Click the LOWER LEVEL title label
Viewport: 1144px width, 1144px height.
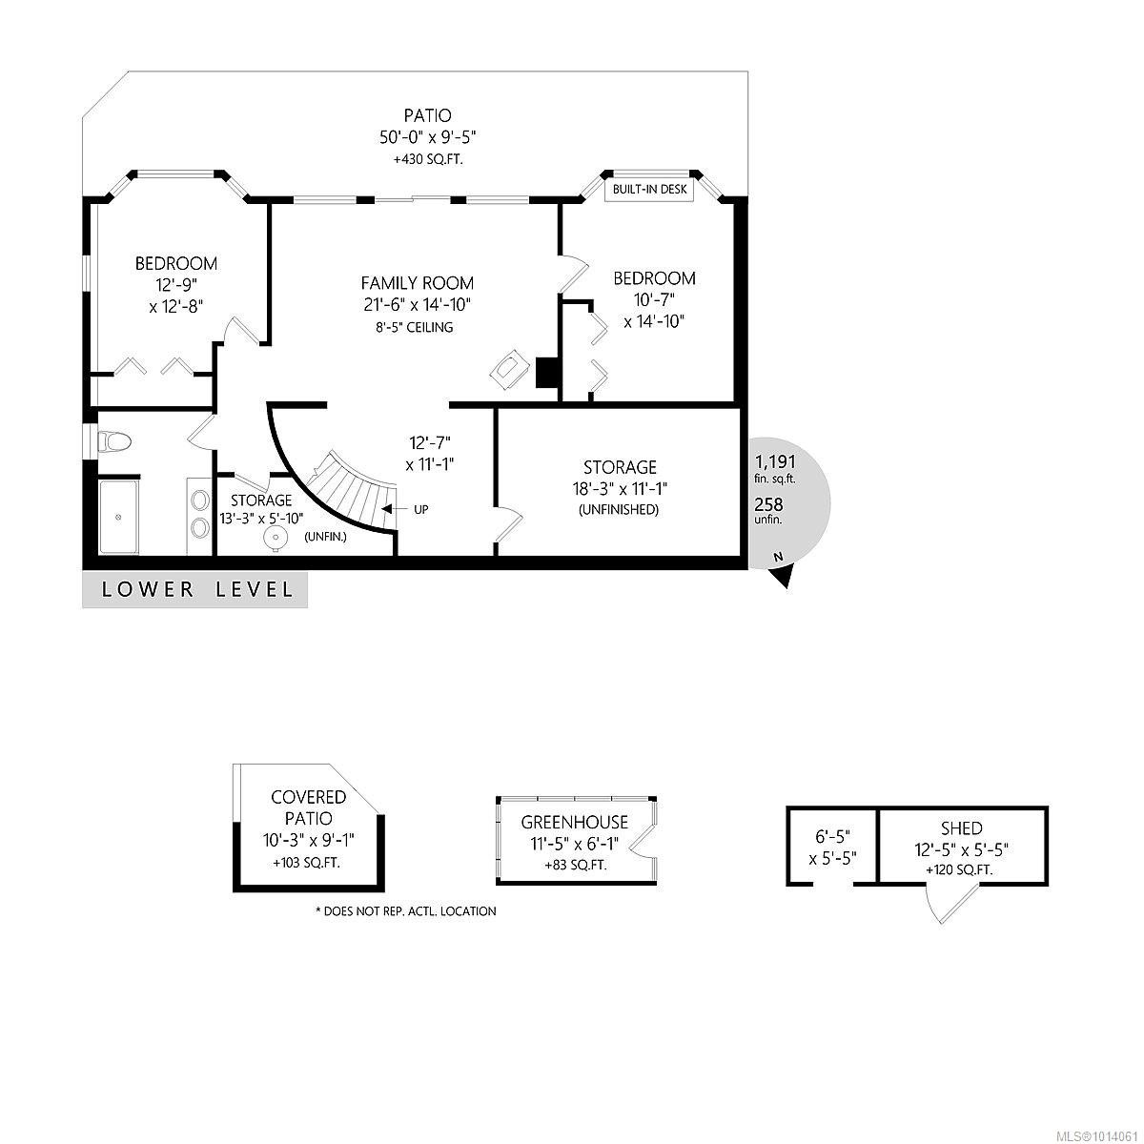click(197, 589)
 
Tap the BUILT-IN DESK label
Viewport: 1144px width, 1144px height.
click(650, 190)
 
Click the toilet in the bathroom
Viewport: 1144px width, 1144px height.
click(115, 441)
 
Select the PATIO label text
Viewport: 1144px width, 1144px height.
click(427, 116)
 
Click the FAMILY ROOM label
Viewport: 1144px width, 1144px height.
click(417, 283)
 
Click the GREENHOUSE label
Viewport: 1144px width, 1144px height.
click(574, 822)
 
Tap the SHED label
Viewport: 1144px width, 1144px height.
click(960, 828)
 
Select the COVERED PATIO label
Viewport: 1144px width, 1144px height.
click(308, 807)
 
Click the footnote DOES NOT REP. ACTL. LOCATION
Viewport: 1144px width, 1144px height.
click(405, 911)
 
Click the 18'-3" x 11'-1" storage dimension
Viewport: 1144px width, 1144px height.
click(621, 489)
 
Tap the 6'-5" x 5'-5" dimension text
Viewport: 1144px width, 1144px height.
click(833, 847)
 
